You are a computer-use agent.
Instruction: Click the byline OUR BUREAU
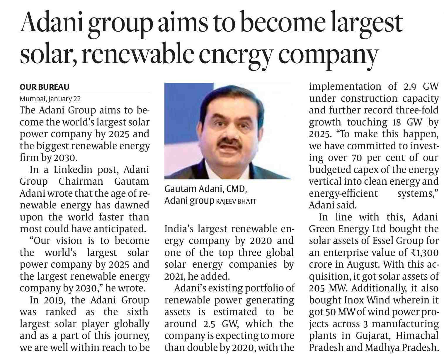(44, 87)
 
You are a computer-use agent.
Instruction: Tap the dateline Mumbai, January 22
(50, 99)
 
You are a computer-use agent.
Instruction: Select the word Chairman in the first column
(81, 181)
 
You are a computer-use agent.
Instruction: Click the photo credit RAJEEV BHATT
(236, 201)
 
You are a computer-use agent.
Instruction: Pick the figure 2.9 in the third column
(410, 87)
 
